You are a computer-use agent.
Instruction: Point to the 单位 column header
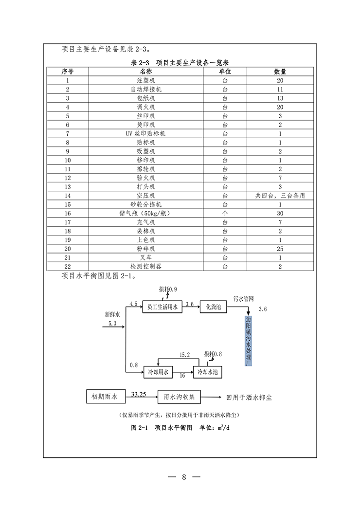point(225,71)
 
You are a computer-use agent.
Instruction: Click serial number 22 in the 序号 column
point(67,267)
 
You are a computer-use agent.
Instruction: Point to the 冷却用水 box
point(158,372)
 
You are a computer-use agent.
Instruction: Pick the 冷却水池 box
point(207,372)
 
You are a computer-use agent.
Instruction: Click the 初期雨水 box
point(105,397)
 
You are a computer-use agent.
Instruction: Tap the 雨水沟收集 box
point(179,397)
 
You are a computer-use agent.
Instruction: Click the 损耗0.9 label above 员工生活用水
point(167,289)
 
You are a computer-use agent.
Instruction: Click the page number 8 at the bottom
point(184,476)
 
